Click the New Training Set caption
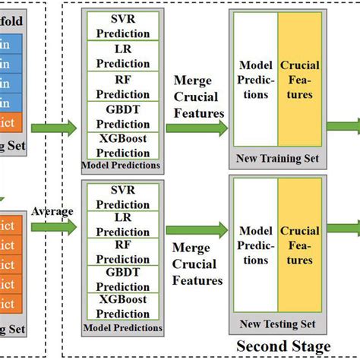click(x=277, y=159)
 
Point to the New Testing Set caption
click(x=277, y=324)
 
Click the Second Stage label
click(x=283, y=347)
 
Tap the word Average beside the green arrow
click(x=52, y=211)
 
